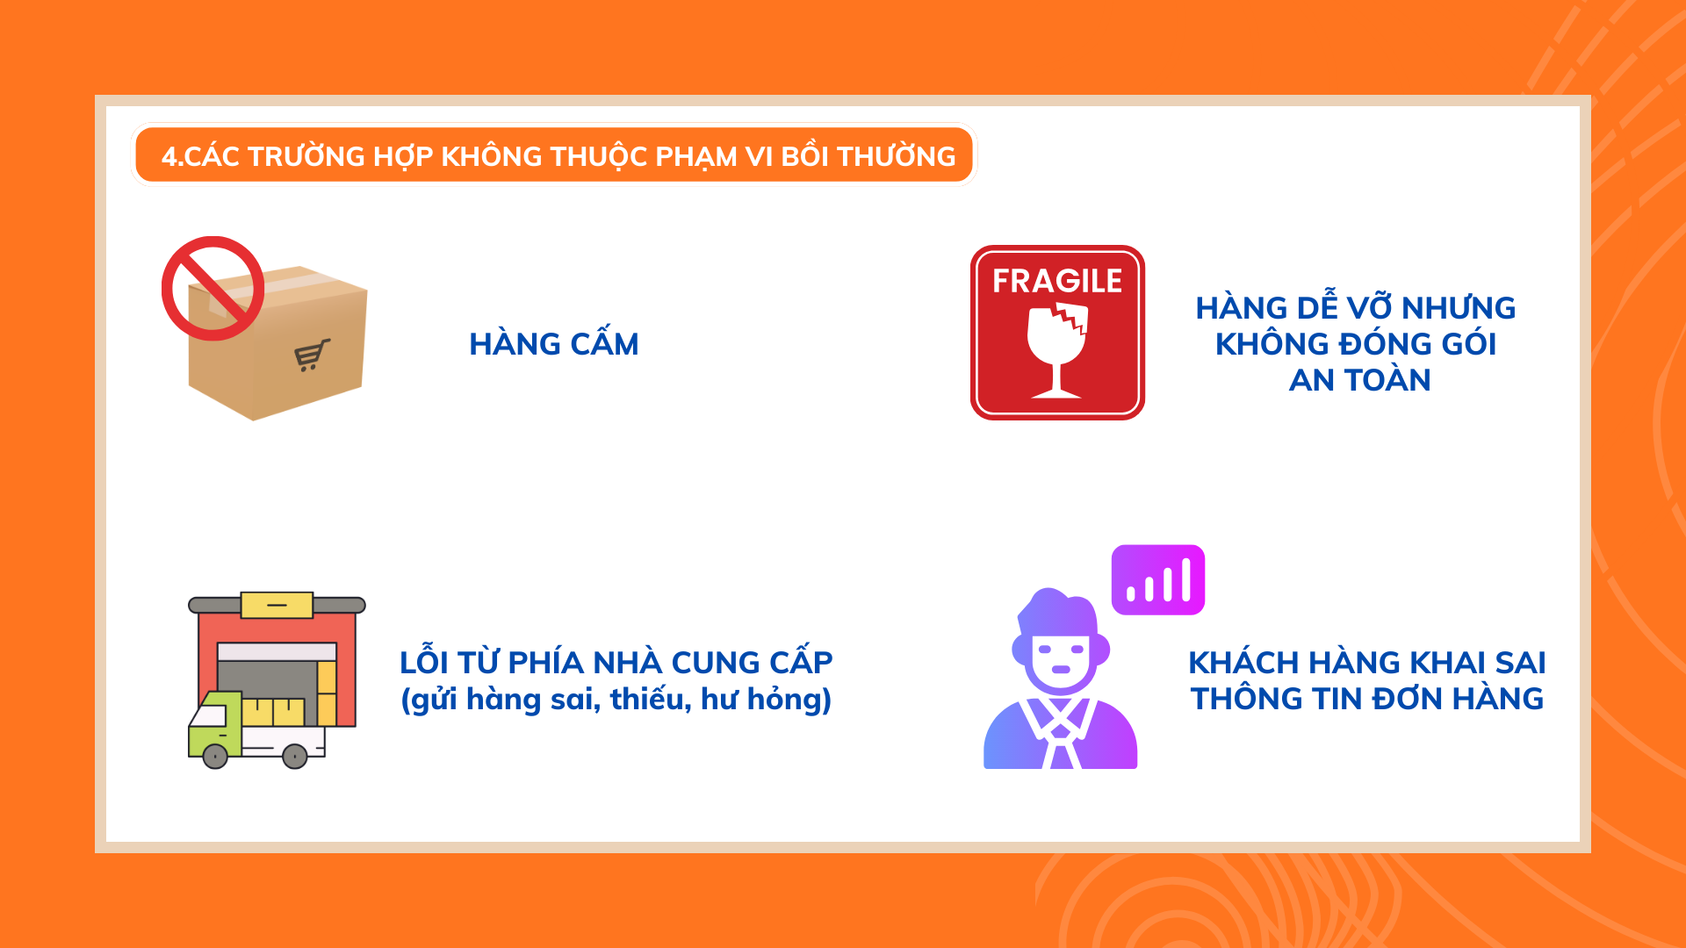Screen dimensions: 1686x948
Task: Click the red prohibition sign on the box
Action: (213, 288)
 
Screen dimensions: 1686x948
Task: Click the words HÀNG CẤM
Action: (553, 344)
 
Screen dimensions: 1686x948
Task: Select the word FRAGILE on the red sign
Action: (1057, 281)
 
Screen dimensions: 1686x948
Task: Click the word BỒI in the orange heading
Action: (804, 155)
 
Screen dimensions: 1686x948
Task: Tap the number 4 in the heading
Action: (169, 157)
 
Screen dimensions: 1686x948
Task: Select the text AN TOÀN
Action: (1359, 380)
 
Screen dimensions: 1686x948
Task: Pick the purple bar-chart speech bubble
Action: (1157, 580)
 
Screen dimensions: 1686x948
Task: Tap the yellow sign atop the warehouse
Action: (277, 605)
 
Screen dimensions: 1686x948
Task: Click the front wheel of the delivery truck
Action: (215, 756)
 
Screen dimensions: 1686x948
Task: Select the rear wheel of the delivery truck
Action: (295, 756)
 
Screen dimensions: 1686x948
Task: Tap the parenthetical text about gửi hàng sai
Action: (616, 700)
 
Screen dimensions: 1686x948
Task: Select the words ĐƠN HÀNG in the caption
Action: (1458, 699)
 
